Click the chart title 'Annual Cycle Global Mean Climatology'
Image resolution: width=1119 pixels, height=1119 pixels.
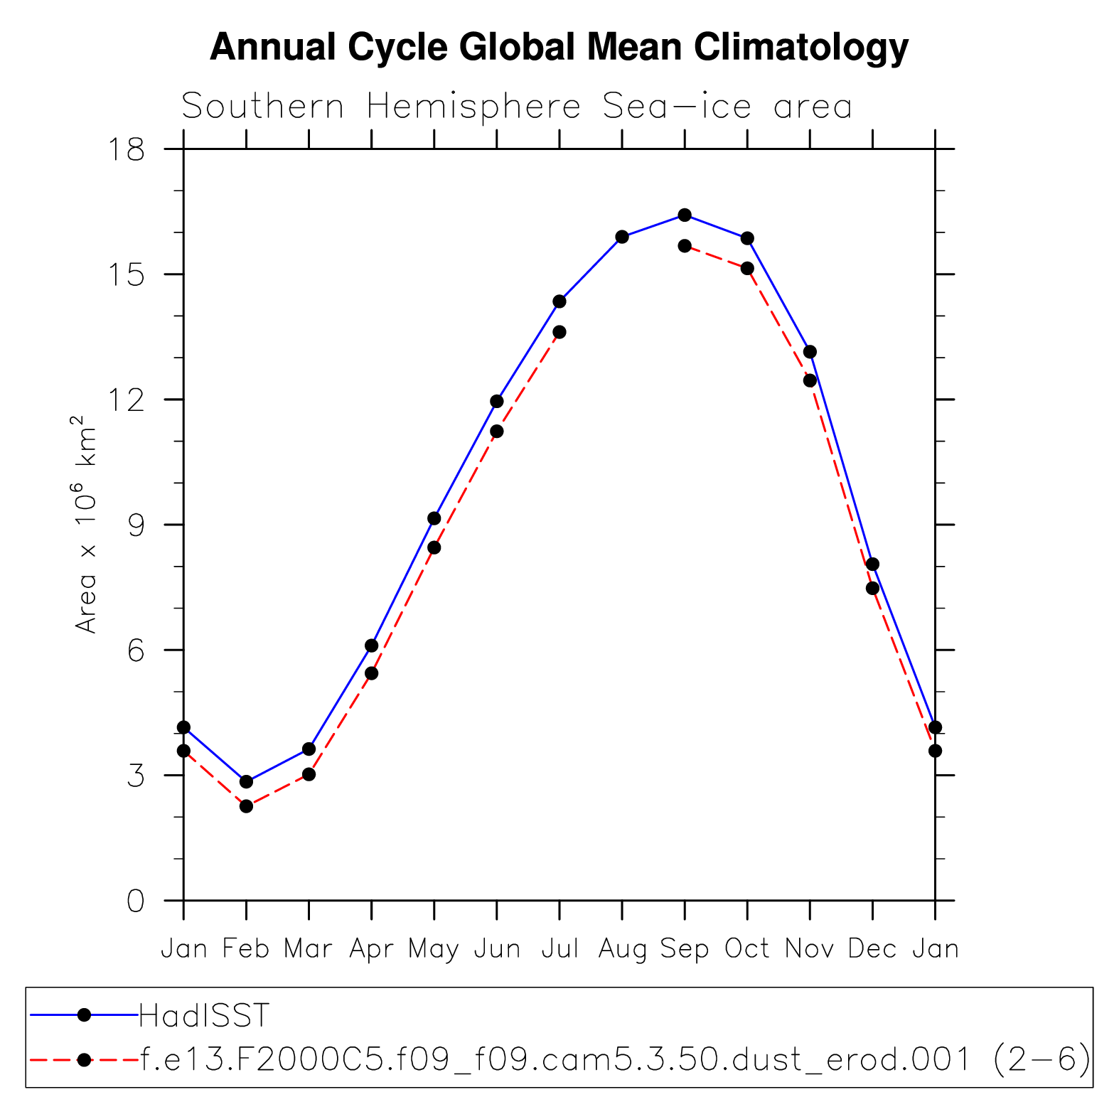click(x=559, y=48)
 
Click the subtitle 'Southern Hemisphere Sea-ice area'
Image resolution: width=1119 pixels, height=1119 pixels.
click(x=517, y=107)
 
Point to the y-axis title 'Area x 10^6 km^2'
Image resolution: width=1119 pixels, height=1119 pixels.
click(x=85, y=525)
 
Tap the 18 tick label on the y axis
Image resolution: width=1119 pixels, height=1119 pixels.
click(x=126, y=149)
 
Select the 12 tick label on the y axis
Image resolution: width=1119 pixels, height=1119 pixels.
click(x=126, y=400)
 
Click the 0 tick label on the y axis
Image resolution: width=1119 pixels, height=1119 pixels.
click(x=135, y=901)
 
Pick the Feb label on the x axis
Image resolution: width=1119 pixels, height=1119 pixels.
click(x=246, y=948)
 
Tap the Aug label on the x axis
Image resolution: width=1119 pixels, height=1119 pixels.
click(x=622, y=948)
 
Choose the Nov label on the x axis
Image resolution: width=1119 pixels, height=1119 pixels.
click(x=810, y=948)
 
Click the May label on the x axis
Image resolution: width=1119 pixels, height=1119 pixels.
click(x=434, y=949)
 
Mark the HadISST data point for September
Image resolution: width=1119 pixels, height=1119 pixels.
click(x=685, y=215)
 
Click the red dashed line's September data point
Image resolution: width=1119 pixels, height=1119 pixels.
click(x=685, y=246)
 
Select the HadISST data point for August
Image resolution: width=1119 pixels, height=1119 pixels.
click(x=622, y=237)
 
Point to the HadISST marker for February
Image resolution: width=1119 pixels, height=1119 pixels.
click(x=246, y=782)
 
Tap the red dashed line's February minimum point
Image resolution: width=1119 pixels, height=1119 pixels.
click(x=246, y=806)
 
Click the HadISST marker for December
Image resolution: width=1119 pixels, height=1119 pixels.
click(x=872, y=564)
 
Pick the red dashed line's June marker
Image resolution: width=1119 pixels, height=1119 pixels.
click(x=497, y=432)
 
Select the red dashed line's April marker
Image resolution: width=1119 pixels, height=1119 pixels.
click(x=371, y=673)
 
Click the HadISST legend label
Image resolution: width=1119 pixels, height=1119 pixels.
click(x=205, y=1015)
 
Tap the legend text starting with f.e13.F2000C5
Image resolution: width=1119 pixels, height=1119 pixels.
click(x=615, y=1060)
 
